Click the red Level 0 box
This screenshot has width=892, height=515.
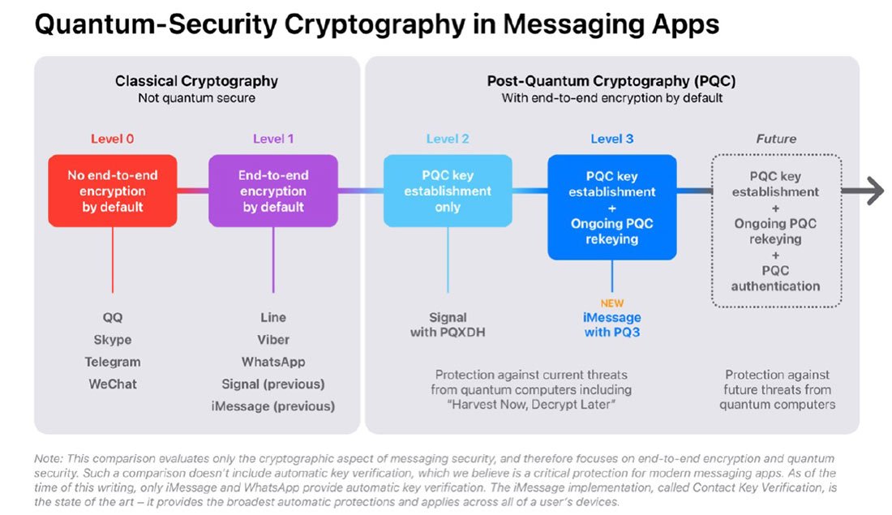tap(112, 191)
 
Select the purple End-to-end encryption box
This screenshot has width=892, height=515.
tap(273, 191)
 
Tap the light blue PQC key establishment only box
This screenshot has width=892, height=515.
tap(448, 191)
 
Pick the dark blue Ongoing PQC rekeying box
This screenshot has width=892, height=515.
tap(612, 208)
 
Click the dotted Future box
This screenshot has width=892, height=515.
tap(775, 231)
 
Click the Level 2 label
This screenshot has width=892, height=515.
tap(448, 139)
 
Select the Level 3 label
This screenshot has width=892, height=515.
tap(612, 139)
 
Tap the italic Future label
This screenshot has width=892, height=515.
tap(776, 139)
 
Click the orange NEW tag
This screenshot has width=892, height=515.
tap(612, 303)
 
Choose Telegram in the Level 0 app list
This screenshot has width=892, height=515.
tap(113, 362)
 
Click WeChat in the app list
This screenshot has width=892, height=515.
tap(113, 384)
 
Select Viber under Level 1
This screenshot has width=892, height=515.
tap(273, 340)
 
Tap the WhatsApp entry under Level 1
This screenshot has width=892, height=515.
tap(273, 362)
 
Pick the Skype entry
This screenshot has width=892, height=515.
tap(113, 340)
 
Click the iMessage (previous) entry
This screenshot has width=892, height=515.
tap(273, 406)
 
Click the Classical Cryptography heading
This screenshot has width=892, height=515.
tap(196, 81)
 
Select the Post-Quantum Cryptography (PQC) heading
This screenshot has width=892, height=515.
tap(611, 81)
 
